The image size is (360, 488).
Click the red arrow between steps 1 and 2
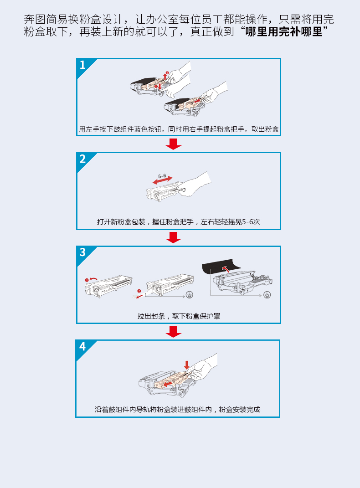point(173,144)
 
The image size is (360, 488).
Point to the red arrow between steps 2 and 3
point(173,238)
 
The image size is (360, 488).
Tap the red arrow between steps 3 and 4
point(173,332)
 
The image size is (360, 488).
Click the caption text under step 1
point(179,129)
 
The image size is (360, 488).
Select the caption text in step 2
point(178,222)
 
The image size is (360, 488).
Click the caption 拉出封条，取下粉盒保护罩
point(179,316)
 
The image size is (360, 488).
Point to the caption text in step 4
point(177,410)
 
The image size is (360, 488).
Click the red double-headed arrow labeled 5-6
point(162,180)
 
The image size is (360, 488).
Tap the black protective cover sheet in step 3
point(221,265)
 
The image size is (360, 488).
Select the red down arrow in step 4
point(187,365)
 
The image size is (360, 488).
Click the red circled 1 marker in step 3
point(87,280)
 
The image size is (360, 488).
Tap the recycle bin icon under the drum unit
point(267,295)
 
